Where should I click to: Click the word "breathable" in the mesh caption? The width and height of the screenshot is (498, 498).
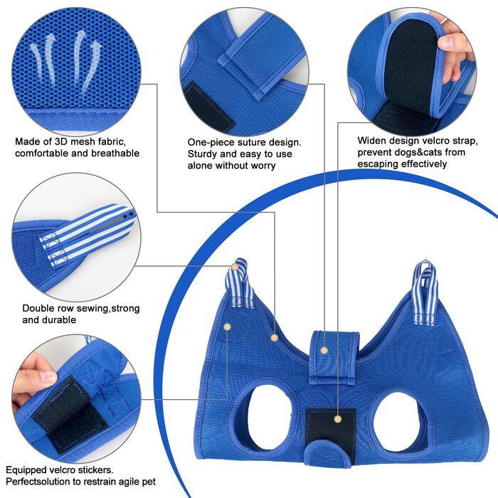pyautogui.click(x=115, y=153)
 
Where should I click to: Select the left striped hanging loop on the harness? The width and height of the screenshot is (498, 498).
pyautogui.click(x=240, y=284)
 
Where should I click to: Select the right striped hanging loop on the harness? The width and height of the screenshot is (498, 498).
pyautogui.click(x=425, y=292)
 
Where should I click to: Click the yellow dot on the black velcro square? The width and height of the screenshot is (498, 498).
pyautogui.click(x=338, y=419)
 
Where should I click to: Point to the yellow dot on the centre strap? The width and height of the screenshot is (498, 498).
pyautogui.click(x=324, y=350)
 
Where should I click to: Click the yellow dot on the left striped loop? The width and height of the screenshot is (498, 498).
pyautogui.click(x=235, y=267)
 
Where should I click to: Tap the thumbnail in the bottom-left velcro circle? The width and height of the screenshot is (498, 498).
pyautogui.click(x=48, y=376)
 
